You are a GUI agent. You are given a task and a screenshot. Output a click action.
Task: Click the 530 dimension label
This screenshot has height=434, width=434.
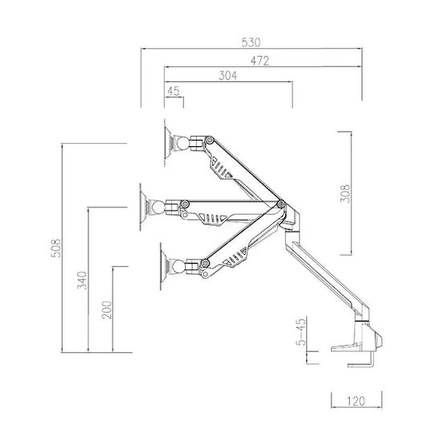251,43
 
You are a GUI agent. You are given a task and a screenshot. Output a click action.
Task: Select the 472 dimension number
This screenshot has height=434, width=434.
260,60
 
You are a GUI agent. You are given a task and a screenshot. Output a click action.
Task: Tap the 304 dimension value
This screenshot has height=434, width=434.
227,76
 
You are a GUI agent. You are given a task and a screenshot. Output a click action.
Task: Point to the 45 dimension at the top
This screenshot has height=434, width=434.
174,91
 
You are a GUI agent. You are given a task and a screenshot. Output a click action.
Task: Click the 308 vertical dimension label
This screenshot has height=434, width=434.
345,194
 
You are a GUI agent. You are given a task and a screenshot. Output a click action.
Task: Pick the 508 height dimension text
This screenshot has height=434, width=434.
56,248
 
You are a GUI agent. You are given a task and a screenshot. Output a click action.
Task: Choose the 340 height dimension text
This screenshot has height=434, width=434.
82,280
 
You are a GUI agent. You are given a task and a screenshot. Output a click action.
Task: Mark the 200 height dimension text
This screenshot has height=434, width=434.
107,310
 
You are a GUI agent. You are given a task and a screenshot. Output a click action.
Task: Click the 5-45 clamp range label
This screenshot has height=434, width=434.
301,331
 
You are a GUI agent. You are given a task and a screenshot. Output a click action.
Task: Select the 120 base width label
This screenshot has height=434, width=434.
356,401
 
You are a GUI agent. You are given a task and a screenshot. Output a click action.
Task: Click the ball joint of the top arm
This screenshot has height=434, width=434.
183,142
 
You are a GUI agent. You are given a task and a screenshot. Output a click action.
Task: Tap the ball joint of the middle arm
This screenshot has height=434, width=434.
158,207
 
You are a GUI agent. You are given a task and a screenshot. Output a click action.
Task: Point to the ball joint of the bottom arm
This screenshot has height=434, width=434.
178,267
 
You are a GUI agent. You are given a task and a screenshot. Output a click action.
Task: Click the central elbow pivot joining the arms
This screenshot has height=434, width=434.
281,204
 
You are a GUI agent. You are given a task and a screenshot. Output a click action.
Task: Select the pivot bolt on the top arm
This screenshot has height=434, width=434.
210,140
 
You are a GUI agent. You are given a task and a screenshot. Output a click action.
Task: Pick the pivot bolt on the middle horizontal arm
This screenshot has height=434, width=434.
185,204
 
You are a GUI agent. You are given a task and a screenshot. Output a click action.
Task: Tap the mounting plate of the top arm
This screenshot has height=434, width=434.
168,143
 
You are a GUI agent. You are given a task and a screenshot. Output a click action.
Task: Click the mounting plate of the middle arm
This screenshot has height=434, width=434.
144,207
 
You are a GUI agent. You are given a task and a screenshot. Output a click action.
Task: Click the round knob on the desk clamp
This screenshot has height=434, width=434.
378,339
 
